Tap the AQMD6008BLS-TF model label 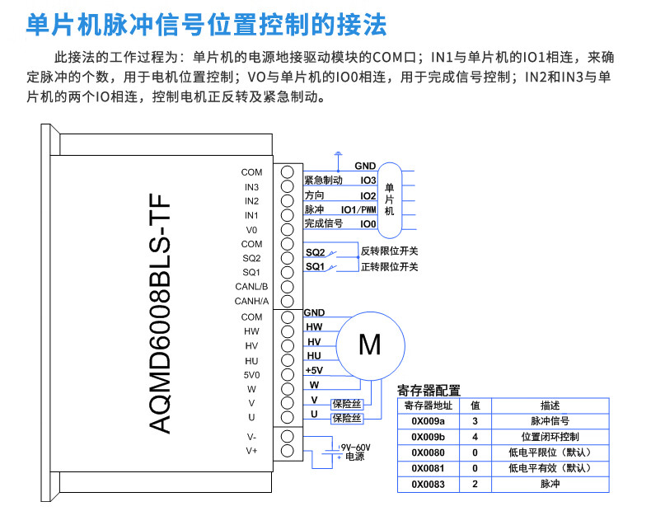click(159, 313)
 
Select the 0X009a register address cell click(428, 420)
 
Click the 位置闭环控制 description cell click(550, 436)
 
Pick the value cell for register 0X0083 click(475, 485)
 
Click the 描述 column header click(550, 405)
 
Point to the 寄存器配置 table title click(429, 390)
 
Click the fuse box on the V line click(346, 403)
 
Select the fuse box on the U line click(346, 418)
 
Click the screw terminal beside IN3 click(288, 186)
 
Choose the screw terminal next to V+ click(288, 451)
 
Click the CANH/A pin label click(251, 301)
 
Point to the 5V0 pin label click(251, 375)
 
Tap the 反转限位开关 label click(389, 251)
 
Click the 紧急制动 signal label click(323, 180)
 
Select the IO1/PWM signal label click(358, 209)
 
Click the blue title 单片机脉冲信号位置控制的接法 click(207, 25)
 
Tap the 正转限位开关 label click(389, 266)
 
